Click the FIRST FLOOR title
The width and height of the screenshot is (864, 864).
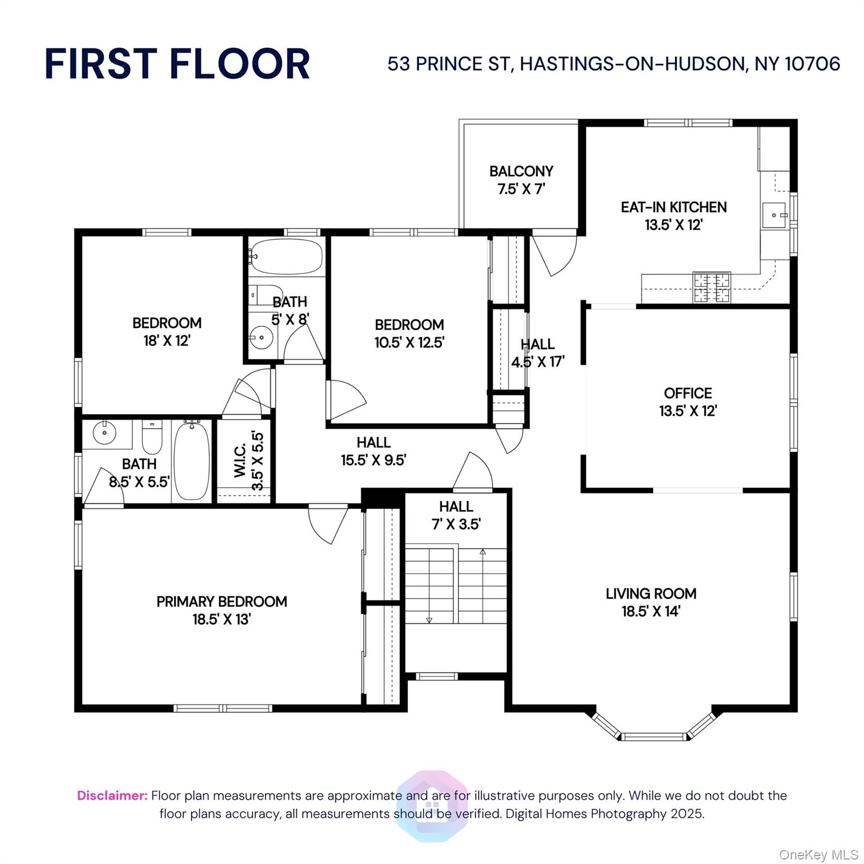pyautogui.click(x=177, y=64)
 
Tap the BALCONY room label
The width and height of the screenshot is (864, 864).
pyautogui.click(x=521, y=172)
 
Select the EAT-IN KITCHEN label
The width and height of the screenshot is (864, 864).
pyautogui.click(x=673, y=208)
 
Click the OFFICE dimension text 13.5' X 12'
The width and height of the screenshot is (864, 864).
pyautogui.click(x=687, y=411)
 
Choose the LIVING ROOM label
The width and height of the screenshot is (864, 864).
pyautogui.click(x=651, y=594)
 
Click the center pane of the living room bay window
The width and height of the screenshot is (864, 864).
pyautogui.click(x=654, y=736)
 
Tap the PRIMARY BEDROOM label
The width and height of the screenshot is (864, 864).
pyautogui.click(x=222, y=602)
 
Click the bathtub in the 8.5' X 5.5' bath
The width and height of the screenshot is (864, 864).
pyautogui.click(x=192, y=461)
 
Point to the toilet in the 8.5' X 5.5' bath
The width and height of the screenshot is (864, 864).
pyautogui.click(x=152, y=437)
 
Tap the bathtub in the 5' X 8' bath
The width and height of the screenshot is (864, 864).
pyautogui.click(x=286, y=256)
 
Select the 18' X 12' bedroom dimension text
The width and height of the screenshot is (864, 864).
pyautogui.click(x=167, y=341)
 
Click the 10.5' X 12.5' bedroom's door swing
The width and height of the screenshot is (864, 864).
pyautogui.click(x=345, y=399)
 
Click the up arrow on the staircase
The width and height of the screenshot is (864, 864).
pyautogui.click(x=483, y=552)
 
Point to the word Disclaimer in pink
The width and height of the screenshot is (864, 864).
pyautogui.click(x=112, y=795)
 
